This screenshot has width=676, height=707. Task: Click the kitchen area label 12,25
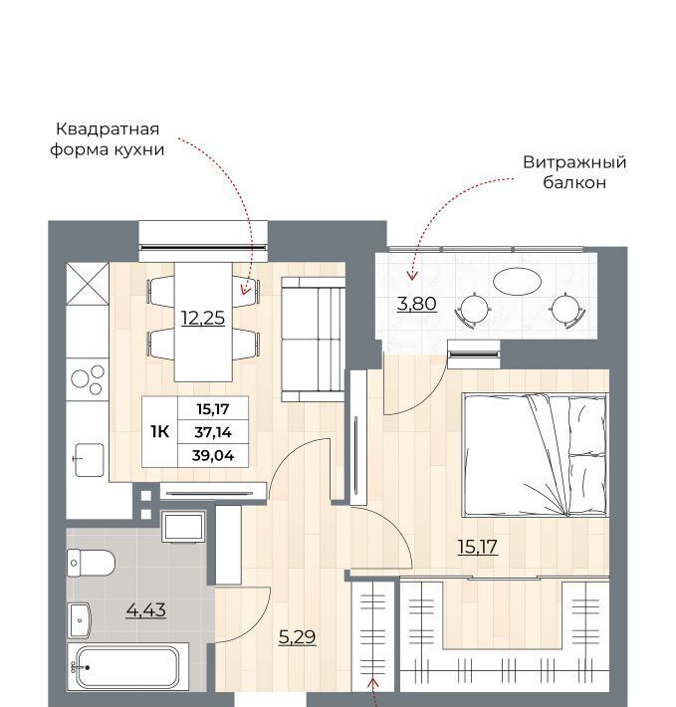tap(203, 318)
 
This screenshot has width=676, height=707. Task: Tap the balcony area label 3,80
tap(417, 304)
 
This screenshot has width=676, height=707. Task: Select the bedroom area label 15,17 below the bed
tap(478, 547)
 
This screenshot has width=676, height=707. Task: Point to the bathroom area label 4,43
tap(146, 610)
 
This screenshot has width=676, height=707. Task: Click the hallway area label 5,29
tap(298, 636)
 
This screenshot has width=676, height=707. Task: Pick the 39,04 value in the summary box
tap(213, 455)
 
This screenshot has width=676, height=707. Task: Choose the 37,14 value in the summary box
tap(213, 432)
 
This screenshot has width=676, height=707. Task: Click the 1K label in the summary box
tap(160, 432)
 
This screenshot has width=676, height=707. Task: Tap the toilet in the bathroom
tap(91, 563)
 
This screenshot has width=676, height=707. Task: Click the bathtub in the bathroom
tap(128, 666)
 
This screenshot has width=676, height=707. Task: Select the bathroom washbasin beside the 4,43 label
tap(80, 620)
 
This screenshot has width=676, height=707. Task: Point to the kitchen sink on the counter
tap(90, 459)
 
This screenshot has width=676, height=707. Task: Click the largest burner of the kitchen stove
tap(80, 378)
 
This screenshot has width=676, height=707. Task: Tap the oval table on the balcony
tap(517, 282)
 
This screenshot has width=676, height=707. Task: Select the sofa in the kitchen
tap(314, 340)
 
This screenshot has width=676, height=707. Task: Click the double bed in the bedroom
tap(535, 455)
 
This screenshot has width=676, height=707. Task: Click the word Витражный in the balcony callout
tap(574, 162)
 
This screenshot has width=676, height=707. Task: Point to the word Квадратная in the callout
tap(108, 129)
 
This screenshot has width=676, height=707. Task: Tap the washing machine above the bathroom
tap(183, 526)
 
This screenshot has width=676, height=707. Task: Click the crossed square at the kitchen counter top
tap(88, 284)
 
